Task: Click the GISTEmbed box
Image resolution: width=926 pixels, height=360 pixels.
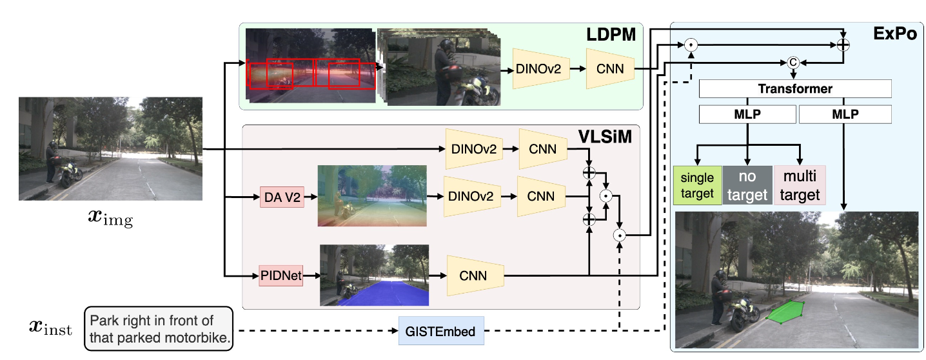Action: (441, 332)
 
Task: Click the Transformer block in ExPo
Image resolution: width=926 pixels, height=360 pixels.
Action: (794, 89)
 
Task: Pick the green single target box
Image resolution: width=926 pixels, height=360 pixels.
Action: (696, 185)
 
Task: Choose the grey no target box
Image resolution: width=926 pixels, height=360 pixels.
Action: (747, 185)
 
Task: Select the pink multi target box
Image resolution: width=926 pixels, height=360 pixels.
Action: (800, 185)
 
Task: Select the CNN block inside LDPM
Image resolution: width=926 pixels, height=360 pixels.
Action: (610, 68)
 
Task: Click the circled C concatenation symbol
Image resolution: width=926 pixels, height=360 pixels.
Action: (793, 63)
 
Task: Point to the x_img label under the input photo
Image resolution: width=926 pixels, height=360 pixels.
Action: (110, 220)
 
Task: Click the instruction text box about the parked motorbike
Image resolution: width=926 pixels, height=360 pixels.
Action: (159, 329)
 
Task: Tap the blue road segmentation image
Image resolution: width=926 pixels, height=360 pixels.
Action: (374, 275)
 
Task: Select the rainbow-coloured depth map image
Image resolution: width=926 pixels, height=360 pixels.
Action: (372, 195)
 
